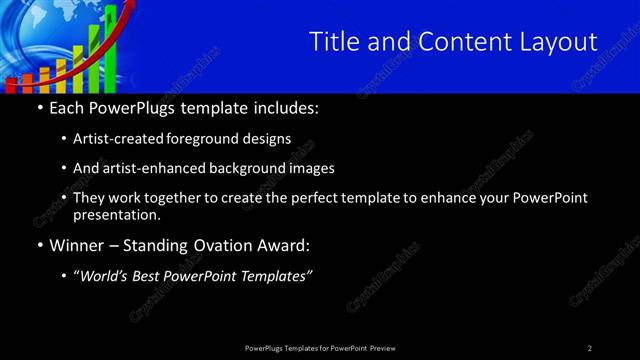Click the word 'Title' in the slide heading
click(332, 41)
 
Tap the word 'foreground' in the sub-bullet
click(221, 139)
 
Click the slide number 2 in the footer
click(590, 347)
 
